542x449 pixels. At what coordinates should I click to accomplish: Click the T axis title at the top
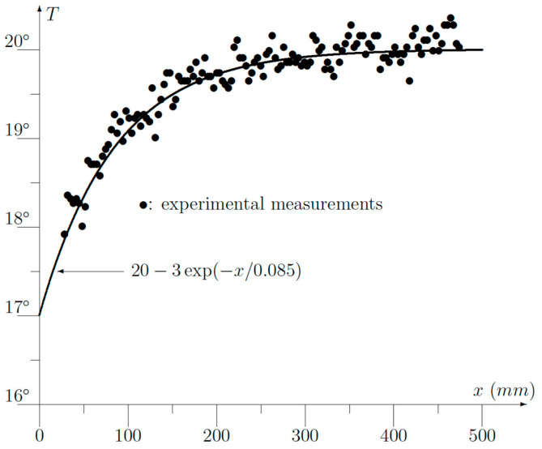(53, 14)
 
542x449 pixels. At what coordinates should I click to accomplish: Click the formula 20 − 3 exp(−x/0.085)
(216, 271)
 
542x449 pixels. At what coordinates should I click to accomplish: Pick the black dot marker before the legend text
(143, 205)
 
